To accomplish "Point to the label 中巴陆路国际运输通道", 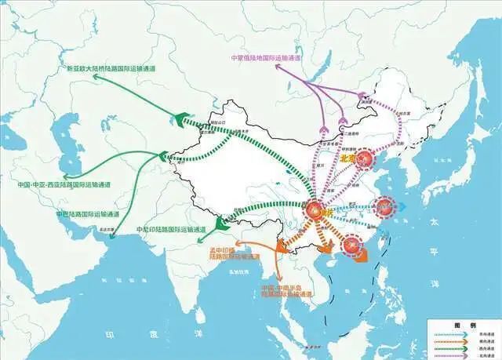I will point(87,213).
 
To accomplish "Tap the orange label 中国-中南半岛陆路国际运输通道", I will point(287,291).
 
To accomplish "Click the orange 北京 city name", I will point(349,159).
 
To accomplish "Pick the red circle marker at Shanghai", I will point(384,208).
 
